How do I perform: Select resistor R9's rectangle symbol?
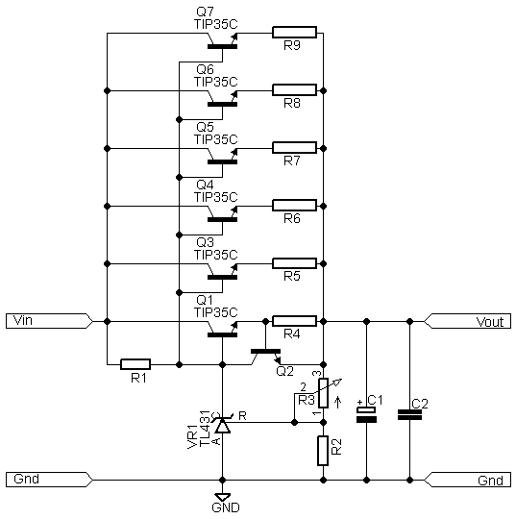point(294,33)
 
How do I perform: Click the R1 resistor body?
point(135,364)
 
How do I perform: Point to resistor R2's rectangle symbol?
point(323,451)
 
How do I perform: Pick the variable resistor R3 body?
point(323,393)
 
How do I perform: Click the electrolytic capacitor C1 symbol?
point(366,415)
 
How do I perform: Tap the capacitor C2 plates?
point(409,415)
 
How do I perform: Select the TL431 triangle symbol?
point(222,426)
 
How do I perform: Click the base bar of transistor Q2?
point(265,351)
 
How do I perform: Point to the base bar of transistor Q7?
point(222,47)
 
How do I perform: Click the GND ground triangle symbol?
point(222,497)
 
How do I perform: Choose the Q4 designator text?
point(205,185)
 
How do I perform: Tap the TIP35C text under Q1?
point(216,312)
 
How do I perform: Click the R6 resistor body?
point(294,206)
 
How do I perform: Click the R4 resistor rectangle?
point(294,321)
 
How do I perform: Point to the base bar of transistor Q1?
point(222,335)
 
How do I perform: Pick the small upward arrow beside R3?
point(338,402)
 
